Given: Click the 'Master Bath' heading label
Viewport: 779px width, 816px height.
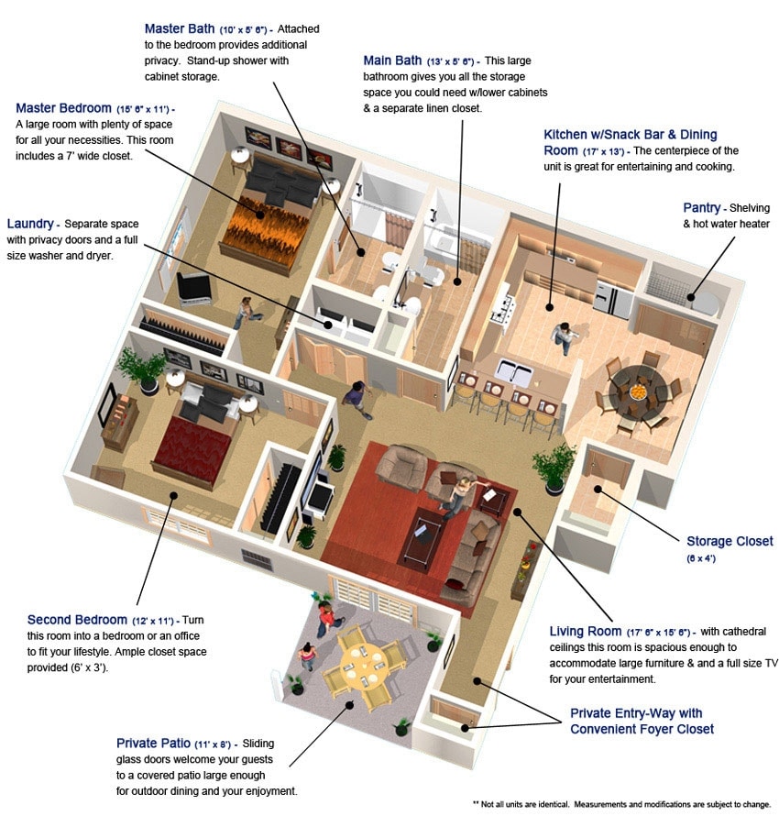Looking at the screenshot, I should tap(180, 28).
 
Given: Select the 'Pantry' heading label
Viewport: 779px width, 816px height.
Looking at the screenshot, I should tap(701, 208).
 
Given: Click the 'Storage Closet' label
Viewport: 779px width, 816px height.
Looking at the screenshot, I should tap(730, 541).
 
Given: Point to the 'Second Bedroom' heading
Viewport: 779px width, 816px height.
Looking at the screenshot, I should tap(78, 620).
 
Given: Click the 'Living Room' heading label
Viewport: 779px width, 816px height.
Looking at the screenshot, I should tap(586, 631).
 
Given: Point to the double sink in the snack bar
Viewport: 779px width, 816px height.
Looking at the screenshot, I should tap(514, 372).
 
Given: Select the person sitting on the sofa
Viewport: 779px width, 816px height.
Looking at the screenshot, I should tap(461, 492).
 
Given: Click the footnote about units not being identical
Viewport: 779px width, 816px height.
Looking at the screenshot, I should tap(620, 803).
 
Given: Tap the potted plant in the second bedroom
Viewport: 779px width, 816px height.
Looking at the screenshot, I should tap(142, 367).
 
